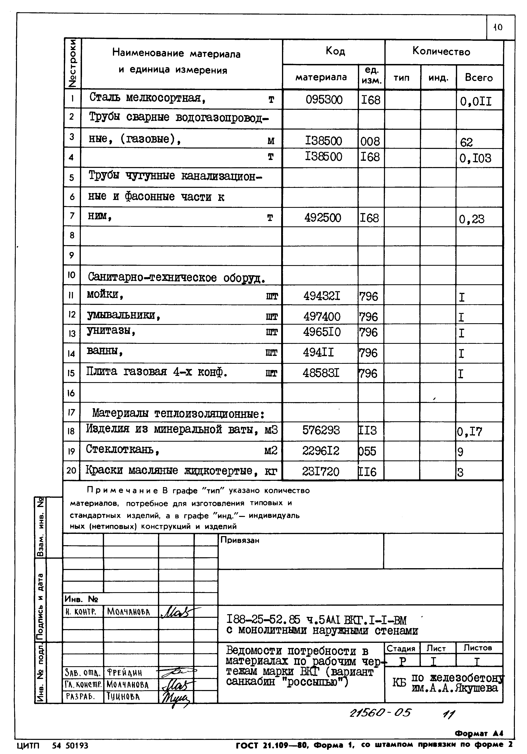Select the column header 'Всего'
(x=479, y=78)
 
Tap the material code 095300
(x=324, y=99)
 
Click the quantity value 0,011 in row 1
(x=476, y=101)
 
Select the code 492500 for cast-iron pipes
(x=323, y=218)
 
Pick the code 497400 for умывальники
(x=322, y=317)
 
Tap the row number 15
(x=71, y=373)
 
